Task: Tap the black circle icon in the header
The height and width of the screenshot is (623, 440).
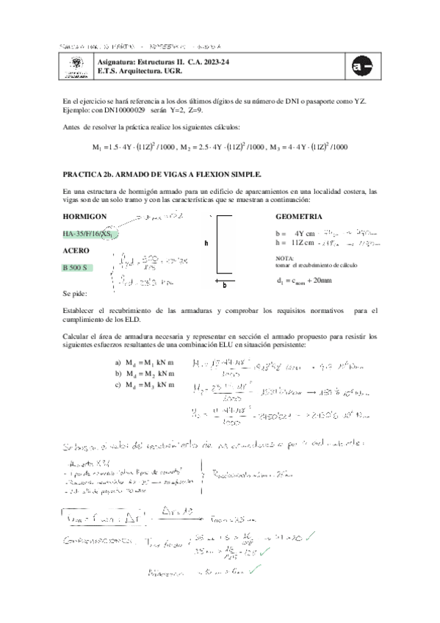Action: pyautogui.click(x=361, y=67)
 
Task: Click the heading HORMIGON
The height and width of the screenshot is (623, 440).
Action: pyautogui.click(x=85, y=217)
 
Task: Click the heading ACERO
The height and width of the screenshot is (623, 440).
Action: pyautogui.click(x=77, y=251)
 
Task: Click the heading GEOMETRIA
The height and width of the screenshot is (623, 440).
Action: pyautogui.click(x=299, y=217)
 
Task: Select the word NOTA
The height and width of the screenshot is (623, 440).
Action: pyautogui.click(x=284, y=258)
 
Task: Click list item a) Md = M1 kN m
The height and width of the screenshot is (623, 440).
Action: pyautogui.click(x=145, y=363)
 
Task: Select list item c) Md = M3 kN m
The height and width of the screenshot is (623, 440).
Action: pyautogui.click(x=145, y=384)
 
